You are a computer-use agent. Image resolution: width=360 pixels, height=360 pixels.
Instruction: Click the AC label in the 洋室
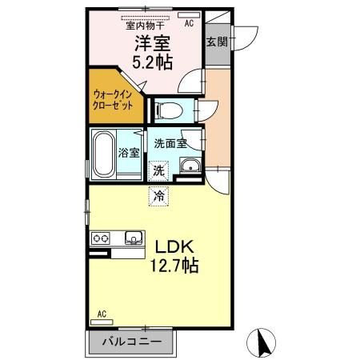[189, 24]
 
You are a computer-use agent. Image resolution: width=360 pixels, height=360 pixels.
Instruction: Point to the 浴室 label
[129, 153]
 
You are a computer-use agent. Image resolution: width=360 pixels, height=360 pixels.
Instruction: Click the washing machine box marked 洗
[158, 170]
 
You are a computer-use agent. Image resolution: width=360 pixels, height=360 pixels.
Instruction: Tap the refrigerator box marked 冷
[158, 194]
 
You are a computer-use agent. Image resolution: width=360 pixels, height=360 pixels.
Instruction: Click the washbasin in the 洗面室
[190, 167]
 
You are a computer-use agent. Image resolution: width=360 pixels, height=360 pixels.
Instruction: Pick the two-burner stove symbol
[102, 238]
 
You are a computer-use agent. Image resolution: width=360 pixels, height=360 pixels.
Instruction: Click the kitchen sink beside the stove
[132, 237]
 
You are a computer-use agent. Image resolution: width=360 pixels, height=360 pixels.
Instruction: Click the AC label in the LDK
[102, 314]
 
